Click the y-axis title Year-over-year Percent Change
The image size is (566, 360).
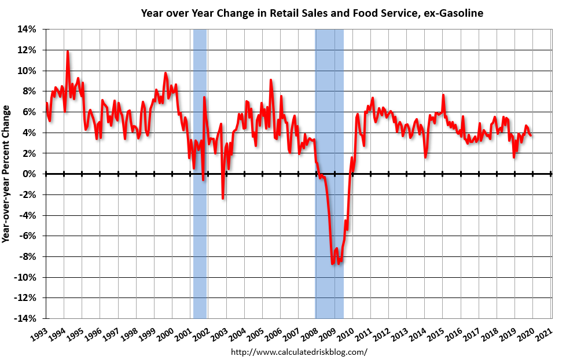pos(6,174)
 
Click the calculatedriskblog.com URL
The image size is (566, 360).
pos(299,351)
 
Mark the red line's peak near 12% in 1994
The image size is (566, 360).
pos(68,52)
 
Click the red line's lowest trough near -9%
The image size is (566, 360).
pos(332,264)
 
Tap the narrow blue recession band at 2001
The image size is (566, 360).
pos(200,232)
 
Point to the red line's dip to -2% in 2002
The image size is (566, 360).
pos(223,198)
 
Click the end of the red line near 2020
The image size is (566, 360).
pos(531,135)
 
